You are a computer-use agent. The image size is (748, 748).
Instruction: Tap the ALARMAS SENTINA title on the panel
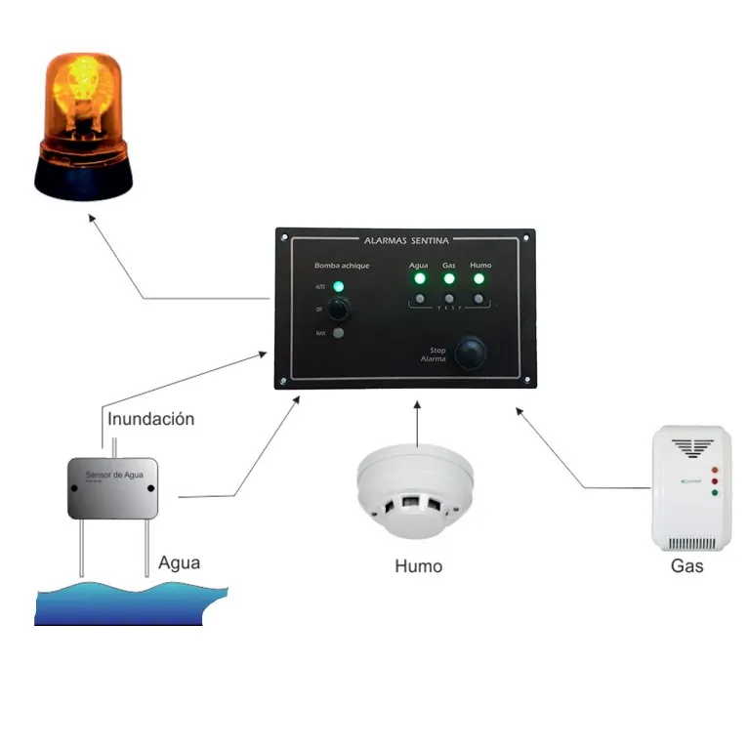point(405,239)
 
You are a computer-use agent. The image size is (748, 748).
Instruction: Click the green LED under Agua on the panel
point(419,279)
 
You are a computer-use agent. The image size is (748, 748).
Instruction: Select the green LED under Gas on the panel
point(449,279)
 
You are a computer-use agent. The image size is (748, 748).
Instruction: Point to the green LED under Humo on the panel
point(479,279)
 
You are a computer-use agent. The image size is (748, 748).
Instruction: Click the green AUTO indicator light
point(338,287)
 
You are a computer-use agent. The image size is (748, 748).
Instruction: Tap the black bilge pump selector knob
point(339,310)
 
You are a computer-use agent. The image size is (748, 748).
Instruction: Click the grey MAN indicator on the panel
point(338,334)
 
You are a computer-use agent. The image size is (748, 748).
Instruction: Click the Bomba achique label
point(342,266)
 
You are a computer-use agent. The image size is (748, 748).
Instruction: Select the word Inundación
point(151,420)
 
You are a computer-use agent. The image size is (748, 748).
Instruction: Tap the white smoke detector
point(415,493)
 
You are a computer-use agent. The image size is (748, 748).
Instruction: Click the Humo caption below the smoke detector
point(418,566)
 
